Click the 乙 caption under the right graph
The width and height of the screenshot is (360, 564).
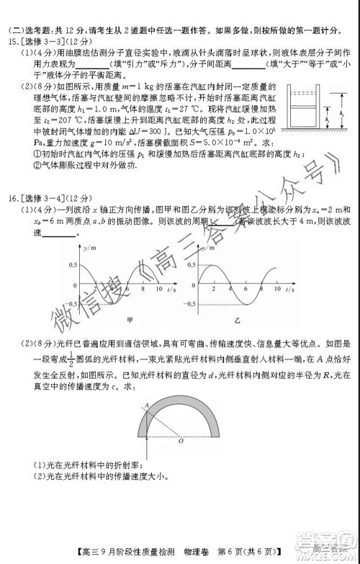(237, 317)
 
